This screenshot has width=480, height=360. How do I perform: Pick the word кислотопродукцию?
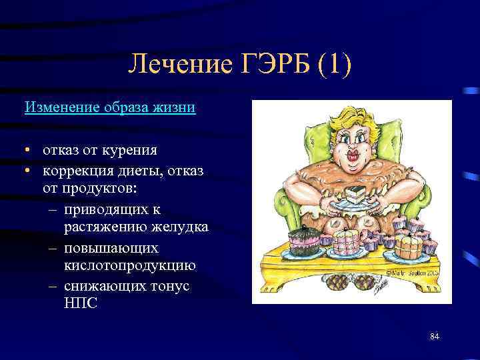pos(130,266)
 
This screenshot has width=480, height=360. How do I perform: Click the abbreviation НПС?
pos(80,303)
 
